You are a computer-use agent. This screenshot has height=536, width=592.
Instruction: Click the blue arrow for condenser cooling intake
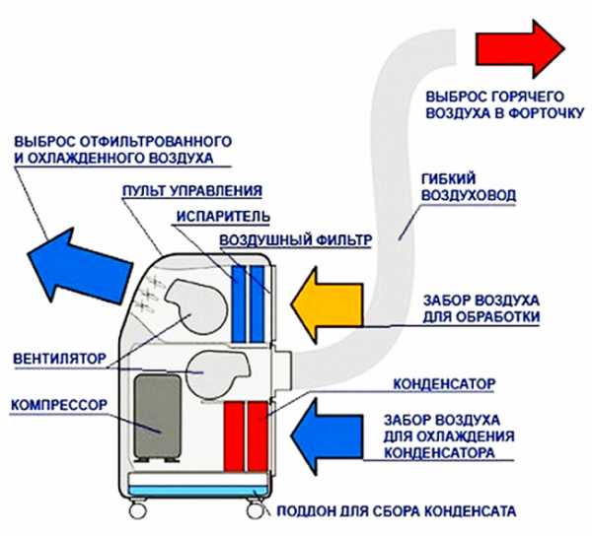(x=333, y=433)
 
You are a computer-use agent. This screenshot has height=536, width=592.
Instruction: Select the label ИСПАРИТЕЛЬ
(x=204, y=216)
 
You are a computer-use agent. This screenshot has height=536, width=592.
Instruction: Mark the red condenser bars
(x=248, y=434)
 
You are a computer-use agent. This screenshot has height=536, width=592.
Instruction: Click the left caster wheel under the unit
(x=137, y=512)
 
